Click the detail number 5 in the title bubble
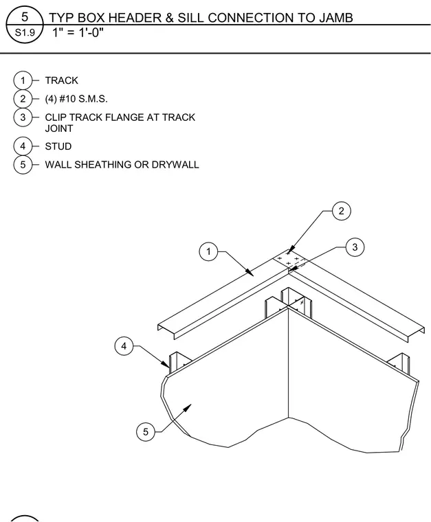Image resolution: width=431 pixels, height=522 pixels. coord(25,16)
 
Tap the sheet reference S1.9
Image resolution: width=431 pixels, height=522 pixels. coord(25,33)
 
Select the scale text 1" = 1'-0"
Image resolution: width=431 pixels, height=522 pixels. coord(78,33)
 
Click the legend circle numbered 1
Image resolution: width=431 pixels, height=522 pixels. coord(23,80)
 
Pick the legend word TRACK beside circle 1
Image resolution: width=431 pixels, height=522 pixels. coord(62,80)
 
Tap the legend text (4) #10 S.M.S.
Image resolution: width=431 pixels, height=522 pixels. coord(76,99)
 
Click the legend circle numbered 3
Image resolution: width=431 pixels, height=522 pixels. coord(23,117)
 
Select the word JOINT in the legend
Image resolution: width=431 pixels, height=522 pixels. coord(59,128)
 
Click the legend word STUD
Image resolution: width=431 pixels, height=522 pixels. coord(58,146)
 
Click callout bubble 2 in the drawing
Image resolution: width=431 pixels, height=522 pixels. coord(342,211)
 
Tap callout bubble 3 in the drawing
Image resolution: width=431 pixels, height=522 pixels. coord(355,247)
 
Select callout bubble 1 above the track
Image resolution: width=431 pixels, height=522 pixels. coord(208,251)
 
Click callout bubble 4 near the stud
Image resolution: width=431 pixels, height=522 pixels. coord(124,346)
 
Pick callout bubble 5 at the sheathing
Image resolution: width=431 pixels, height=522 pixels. coord(146,432)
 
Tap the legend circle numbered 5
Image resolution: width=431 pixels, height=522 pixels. coord(23,165)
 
